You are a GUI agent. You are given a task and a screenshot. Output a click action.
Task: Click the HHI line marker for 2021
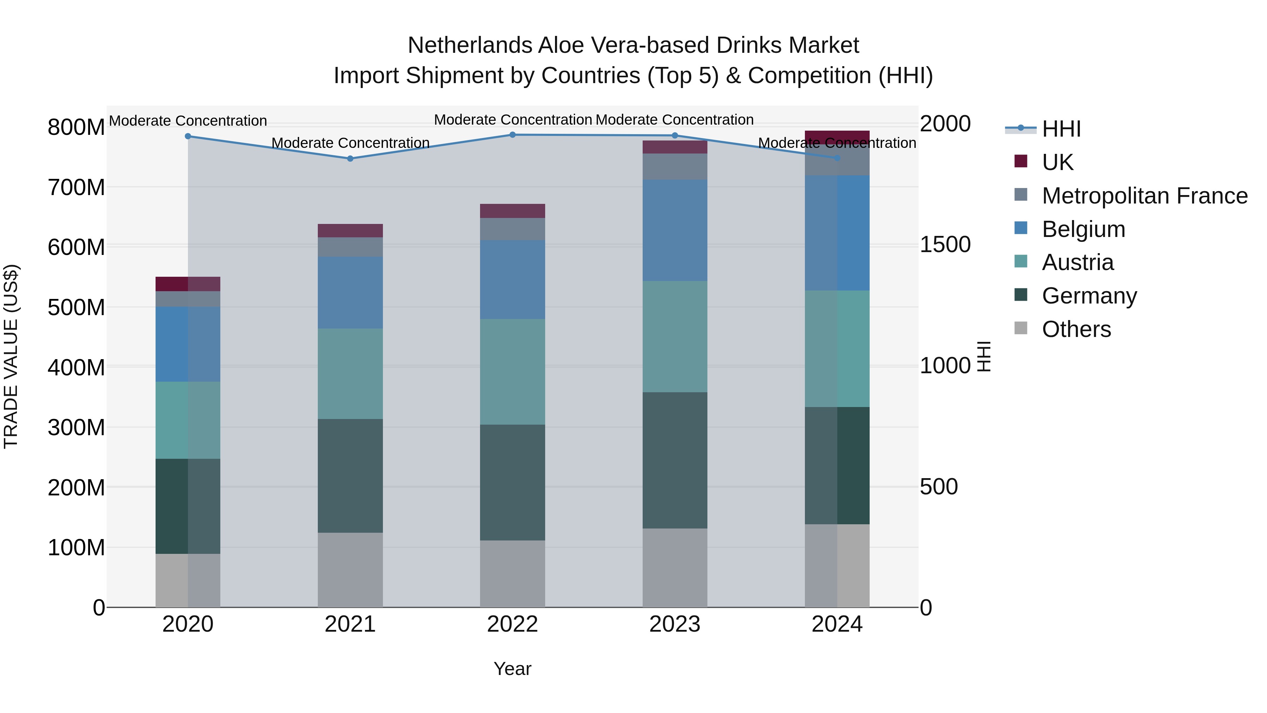(x=350, y=158)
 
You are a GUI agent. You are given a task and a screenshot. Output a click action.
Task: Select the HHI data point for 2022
(x=512, y=135)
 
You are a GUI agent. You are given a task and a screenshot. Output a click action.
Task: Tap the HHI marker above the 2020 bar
(x=188, y=136)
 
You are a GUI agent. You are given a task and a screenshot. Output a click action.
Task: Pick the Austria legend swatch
(x=1021, y=262)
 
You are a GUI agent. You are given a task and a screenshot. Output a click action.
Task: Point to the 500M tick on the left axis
(x=76, y=307)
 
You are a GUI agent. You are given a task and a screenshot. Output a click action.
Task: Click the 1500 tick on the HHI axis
(x=945, y=245)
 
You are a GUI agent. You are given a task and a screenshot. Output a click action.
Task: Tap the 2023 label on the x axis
(x=675, y=624)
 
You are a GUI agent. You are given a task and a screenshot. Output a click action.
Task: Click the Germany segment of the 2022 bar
(x=512, y=482)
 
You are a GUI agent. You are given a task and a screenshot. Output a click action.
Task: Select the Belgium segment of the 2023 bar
(x=675, y=230)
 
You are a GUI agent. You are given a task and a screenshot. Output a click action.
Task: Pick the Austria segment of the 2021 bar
(x=350, y=374)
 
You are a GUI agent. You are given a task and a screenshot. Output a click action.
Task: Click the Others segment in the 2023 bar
(x=675, y=568)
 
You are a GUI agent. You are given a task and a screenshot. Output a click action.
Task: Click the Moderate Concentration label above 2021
(x=350, y=143)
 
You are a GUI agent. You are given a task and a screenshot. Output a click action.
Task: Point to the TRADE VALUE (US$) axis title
(x=11, y=356)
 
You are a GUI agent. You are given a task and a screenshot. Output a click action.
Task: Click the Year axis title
(x=512, y=669)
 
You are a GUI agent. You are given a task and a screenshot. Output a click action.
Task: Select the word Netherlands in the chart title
(x=470, y=45)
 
